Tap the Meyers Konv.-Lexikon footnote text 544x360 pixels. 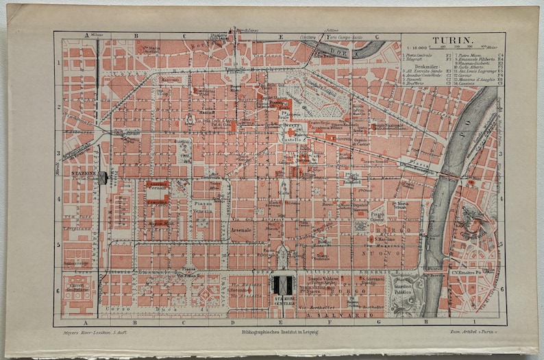[x=90, y=333]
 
